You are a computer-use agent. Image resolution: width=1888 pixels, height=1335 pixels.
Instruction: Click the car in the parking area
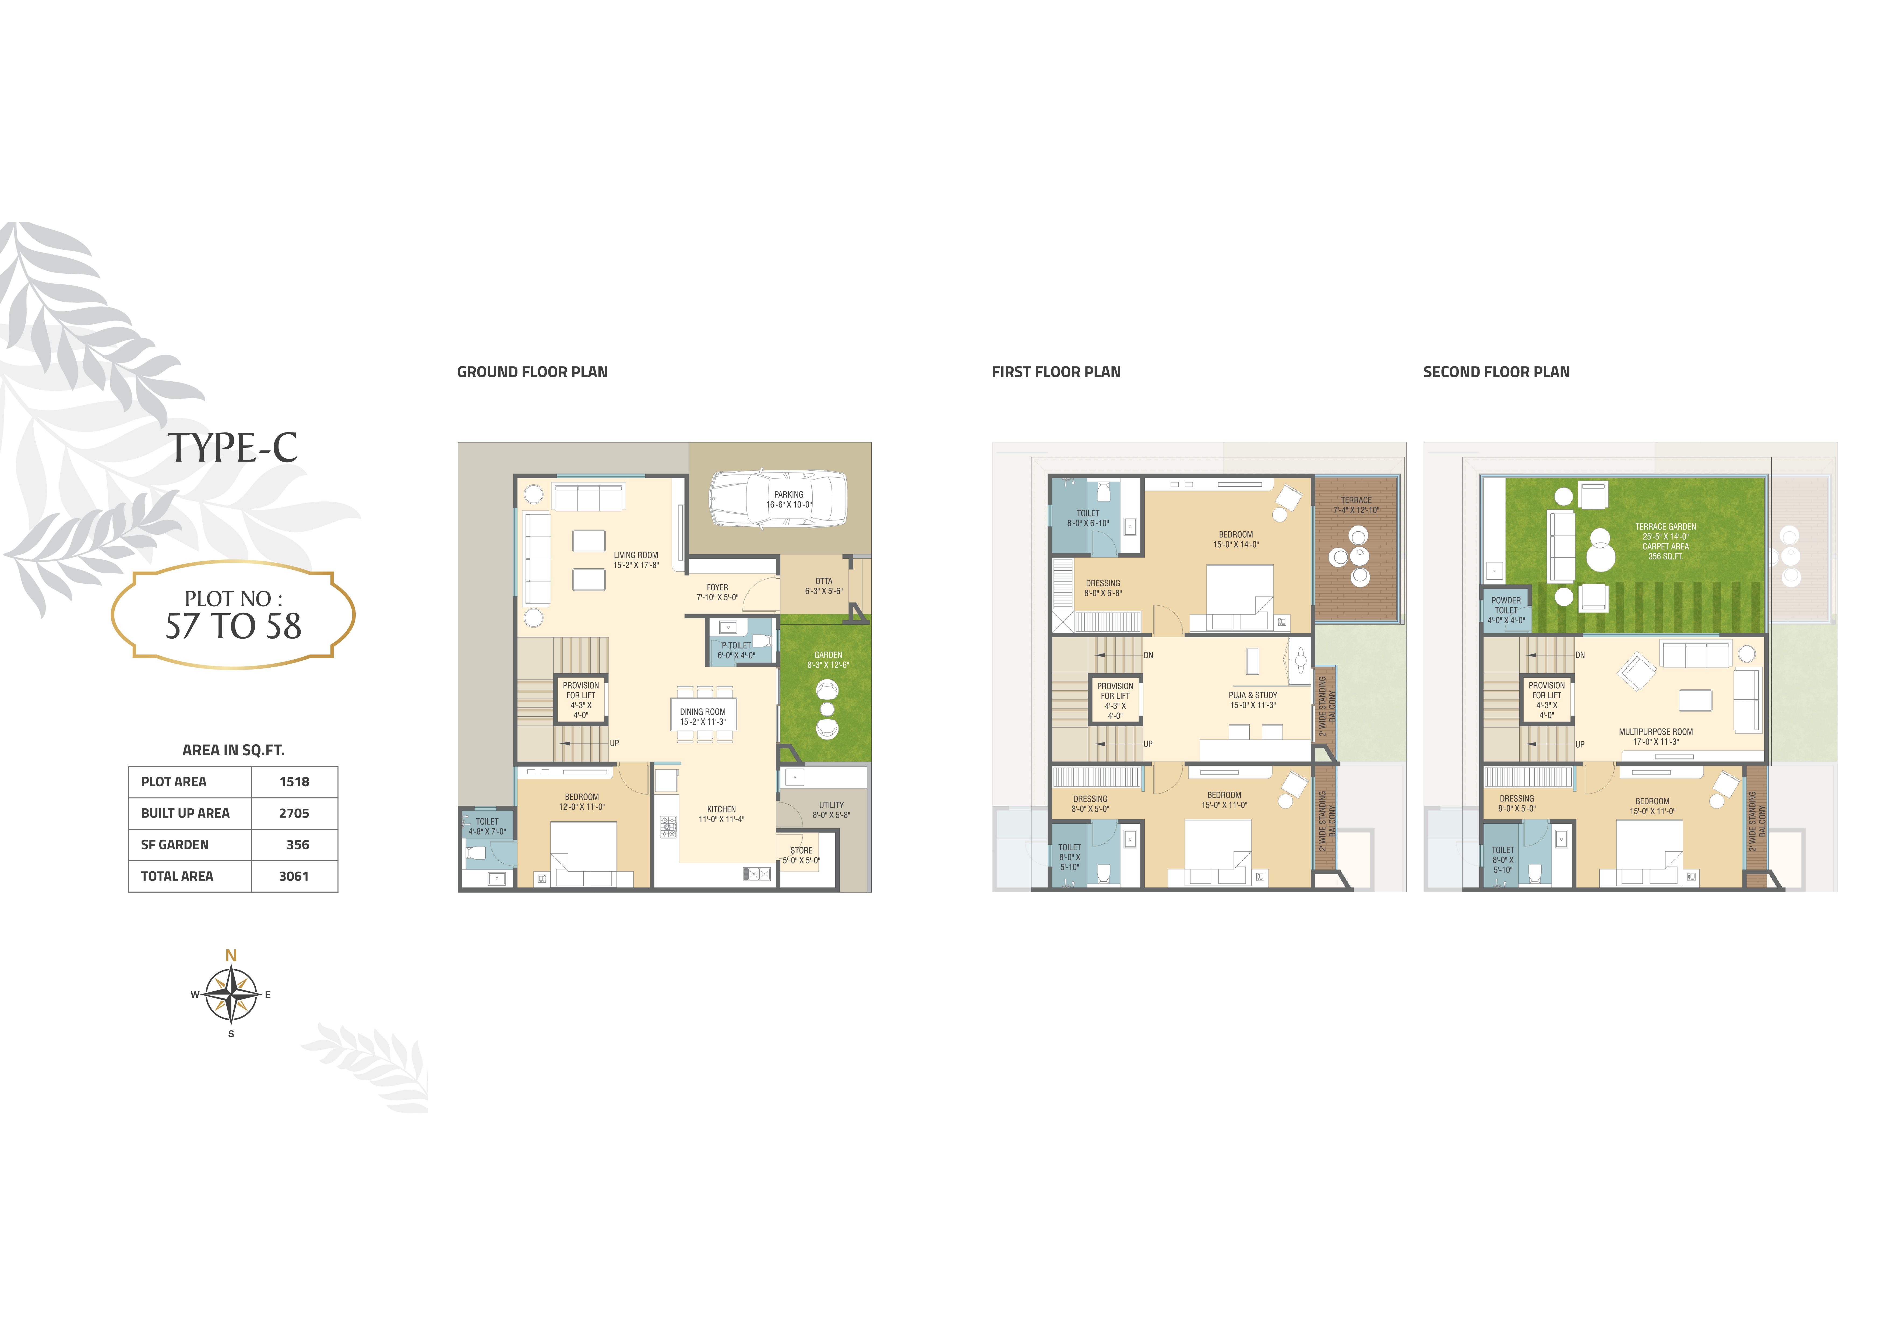(778, 498)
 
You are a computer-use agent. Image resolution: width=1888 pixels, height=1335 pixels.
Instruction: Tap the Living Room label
(636, 555)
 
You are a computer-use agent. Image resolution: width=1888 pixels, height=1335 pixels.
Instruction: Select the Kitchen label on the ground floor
(721, 809)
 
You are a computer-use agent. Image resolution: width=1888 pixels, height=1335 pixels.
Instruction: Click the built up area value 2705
(294, 813)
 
